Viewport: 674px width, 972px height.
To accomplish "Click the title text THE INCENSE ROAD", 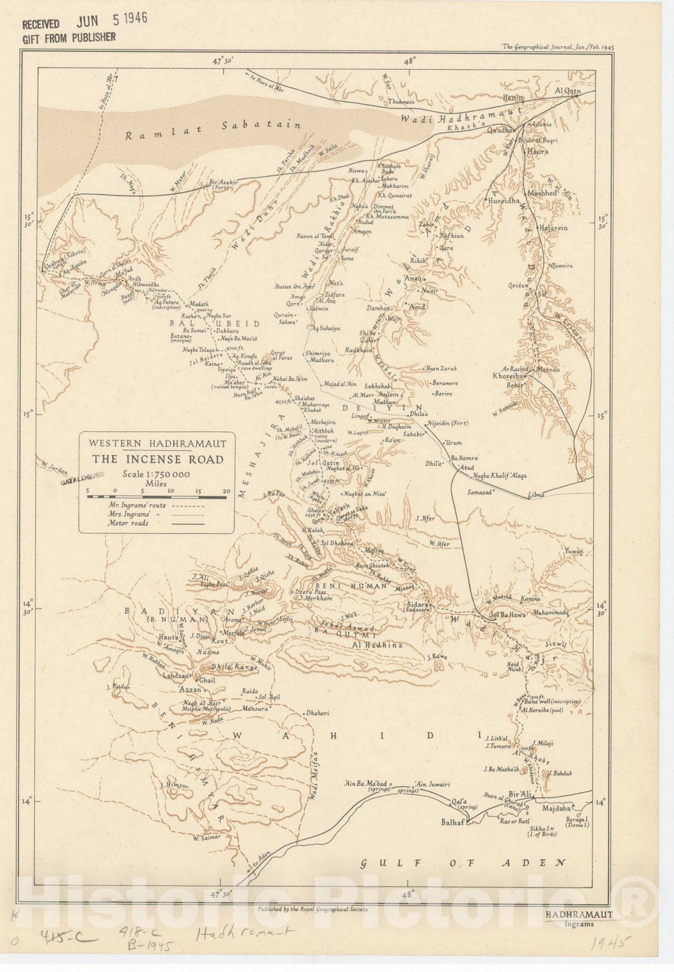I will point(158,460).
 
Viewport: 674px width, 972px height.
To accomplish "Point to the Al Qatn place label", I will point(568,91).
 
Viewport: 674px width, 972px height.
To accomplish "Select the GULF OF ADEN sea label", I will point(463,863).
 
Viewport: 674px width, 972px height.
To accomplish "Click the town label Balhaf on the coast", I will point(453,822).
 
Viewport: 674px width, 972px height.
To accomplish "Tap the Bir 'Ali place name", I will point(520,794).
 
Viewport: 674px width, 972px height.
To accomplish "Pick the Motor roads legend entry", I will point(128,523).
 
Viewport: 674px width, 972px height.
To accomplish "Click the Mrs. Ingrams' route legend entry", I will point(129,514).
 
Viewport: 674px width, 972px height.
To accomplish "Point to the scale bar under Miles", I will point(157,497).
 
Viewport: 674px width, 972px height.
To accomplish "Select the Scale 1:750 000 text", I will point(157,474).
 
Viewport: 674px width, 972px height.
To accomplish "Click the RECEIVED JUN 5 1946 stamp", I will point(85,22).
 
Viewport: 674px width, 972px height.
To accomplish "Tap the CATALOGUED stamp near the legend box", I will point(83,477).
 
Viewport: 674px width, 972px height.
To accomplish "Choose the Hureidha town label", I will point(503,200).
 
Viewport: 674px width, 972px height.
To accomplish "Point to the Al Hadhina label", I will point(377,645).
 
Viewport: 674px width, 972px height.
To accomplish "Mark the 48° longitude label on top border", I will point(410,61).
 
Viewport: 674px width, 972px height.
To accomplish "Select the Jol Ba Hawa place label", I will point(508,615).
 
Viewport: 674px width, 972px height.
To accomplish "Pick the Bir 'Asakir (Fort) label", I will point(222,183).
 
